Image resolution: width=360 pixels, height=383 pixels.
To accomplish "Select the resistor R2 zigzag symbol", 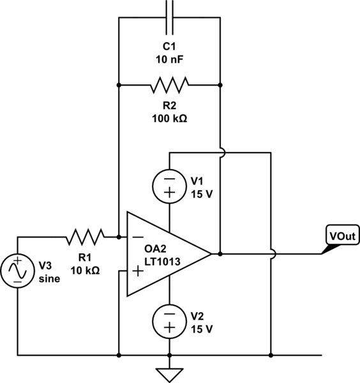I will coord(169,84).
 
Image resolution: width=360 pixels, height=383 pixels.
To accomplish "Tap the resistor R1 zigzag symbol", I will coord(85,237).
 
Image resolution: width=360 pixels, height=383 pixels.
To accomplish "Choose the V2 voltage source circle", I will coord(169,320).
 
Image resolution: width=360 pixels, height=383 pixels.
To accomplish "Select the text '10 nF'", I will coord(169,59).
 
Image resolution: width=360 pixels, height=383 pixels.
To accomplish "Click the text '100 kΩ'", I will coord(169,119).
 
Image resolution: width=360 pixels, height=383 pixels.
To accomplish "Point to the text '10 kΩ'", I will coord(85,271).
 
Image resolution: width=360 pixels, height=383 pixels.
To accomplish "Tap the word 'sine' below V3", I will coord(49,278).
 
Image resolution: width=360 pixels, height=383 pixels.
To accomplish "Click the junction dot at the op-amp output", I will coord(220,253).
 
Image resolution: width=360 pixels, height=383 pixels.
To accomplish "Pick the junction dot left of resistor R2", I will coord(119,84).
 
